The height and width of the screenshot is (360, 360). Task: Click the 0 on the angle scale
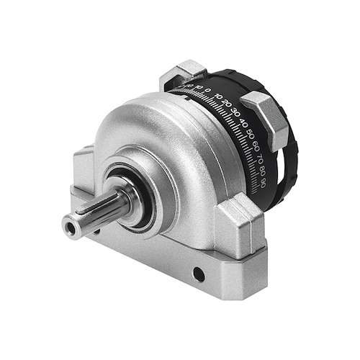click(209, 91)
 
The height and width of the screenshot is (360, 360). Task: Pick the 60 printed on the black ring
click(253, 144)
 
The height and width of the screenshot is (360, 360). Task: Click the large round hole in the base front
click(195, 273)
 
